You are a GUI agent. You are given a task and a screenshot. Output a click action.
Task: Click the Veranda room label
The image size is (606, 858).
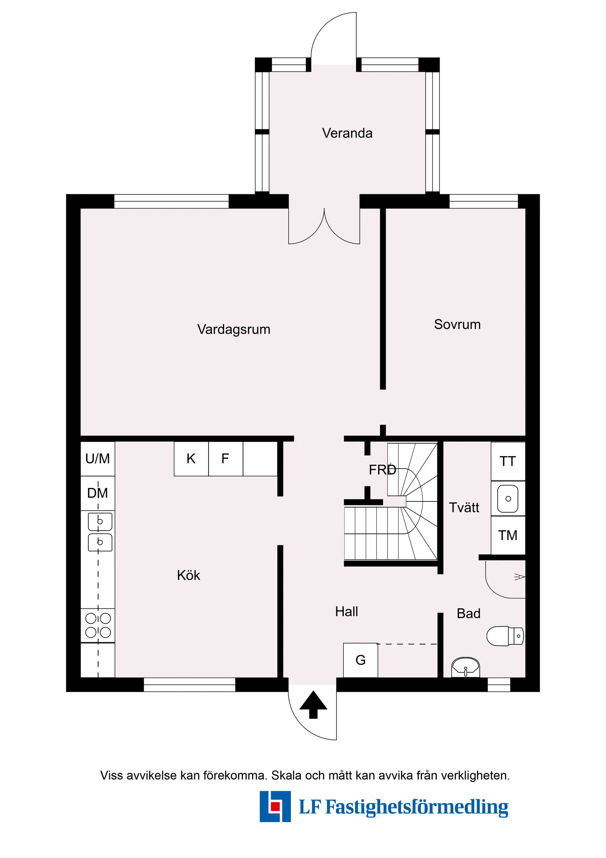point(347,133)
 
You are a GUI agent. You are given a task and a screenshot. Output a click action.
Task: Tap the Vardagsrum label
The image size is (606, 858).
point(233,329)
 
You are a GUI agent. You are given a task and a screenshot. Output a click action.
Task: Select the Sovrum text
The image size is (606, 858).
point(457,324)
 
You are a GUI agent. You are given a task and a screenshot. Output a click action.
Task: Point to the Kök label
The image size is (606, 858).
point(188,575)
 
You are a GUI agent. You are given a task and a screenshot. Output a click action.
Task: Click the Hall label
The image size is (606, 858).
point(346,611)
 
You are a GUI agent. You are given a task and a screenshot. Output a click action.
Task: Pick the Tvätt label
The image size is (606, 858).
point(464,507)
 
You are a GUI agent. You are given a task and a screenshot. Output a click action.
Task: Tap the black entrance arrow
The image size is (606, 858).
point(313,705)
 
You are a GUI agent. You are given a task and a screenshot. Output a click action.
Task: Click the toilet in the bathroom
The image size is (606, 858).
point(505,636)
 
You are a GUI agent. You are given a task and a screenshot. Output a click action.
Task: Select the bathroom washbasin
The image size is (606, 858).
point(465,668)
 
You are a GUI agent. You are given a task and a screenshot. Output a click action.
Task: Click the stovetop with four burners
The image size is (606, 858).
point(98,626)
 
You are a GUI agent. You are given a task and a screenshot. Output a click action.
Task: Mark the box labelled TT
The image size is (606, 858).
point(508,461)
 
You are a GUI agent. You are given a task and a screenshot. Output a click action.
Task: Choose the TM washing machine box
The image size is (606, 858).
point(508,536)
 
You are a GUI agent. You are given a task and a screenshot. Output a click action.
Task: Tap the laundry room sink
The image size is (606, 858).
point(508,499)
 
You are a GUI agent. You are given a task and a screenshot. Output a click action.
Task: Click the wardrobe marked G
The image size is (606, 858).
point(360,660)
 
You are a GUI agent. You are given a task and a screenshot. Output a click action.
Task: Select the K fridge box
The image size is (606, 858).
point(191,458)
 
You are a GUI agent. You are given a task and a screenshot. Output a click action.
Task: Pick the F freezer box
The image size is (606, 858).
point(225,458)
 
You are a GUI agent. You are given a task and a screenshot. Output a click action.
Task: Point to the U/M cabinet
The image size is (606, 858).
point(97,458)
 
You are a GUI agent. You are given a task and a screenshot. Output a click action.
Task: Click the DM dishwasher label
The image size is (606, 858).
point(97,493)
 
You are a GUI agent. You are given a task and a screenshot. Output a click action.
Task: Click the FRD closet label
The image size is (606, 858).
point(382,470)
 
